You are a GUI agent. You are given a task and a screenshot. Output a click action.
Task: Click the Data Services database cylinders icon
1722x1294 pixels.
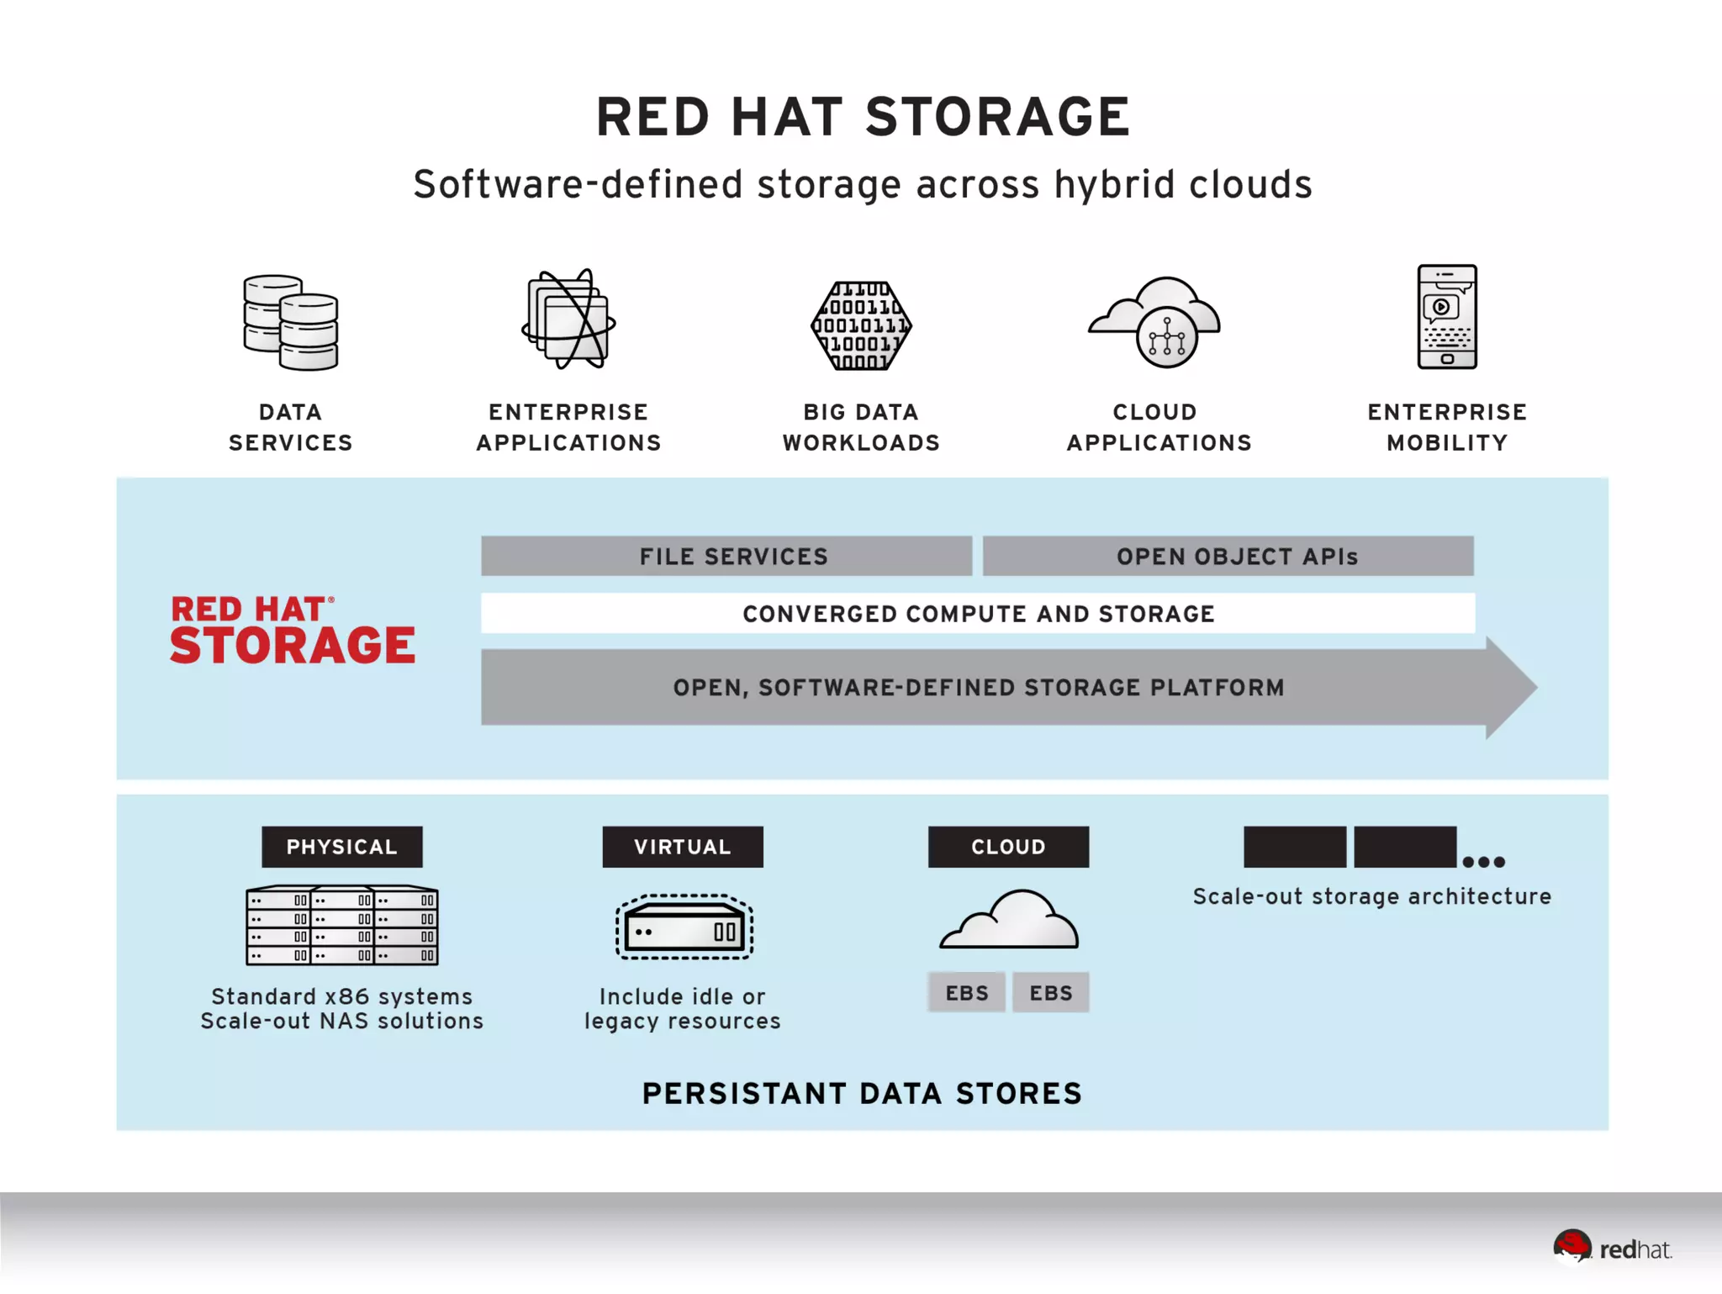291,323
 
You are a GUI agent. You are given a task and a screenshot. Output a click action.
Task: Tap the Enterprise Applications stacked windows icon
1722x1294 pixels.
568,320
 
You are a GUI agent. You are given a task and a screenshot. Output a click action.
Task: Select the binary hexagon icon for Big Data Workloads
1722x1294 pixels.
861,326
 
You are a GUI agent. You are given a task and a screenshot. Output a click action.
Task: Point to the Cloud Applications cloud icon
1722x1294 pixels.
1155,322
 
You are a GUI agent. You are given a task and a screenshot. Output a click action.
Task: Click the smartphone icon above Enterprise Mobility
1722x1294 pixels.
1446,317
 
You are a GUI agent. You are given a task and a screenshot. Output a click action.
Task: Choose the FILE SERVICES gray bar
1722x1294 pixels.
726,556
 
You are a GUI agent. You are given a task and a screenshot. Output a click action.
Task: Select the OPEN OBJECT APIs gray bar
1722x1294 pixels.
1228,556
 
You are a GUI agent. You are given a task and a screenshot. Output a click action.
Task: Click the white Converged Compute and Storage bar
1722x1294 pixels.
978,614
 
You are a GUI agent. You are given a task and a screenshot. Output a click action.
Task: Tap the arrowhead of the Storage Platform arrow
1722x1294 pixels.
1510,688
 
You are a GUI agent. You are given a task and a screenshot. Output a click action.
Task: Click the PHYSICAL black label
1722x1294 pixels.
341,847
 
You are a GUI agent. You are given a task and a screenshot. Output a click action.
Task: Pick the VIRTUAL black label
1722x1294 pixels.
683,847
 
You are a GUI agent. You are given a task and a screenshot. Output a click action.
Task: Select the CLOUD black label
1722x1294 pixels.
1008,847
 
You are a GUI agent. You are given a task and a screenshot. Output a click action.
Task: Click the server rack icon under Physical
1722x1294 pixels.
341,925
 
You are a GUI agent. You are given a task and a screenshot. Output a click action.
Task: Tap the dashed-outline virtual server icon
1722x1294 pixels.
684,927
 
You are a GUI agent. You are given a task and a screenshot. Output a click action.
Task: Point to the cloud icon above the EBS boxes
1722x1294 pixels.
1009,921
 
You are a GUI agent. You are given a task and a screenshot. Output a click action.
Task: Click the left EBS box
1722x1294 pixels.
967,993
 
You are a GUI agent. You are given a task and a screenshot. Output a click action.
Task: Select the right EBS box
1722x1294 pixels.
1051,993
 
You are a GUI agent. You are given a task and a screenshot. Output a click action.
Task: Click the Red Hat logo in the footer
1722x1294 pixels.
1612,1248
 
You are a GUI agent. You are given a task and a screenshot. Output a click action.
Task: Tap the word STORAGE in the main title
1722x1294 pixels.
997,117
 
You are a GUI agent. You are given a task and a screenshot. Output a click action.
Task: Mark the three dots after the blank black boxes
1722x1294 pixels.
1483,862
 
